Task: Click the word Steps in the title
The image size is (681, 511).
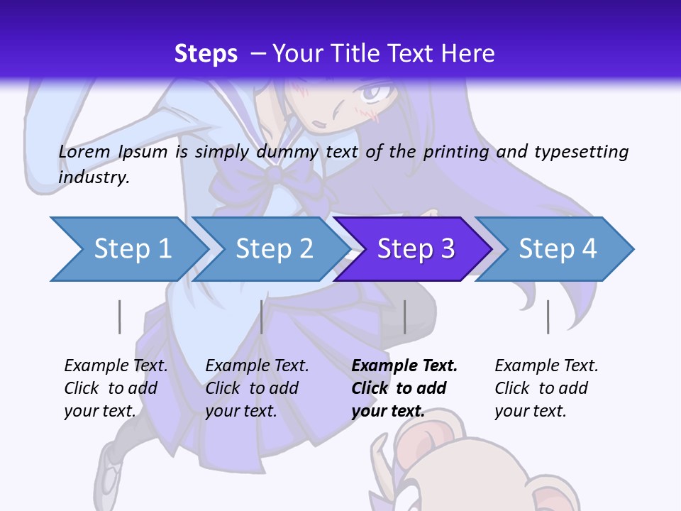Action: [x=206, y=53]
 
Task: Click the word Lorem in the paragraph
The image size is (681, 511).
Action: [x=84, y=151]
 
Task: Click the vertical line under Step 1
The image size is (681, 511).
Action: [x=119, y=317]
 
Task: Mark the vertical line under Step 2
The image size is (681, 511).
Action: [x=262, y=317]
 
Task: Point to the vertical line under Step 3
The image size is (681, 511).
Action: [x=404, y=317]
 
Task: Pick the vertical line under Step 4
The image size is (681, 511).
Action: [x=548, y=317]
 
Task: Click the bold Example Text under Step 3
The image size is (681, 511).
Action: [x=404, y=366]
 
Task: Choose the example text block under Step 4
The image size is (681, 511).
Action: [x=546, y=388]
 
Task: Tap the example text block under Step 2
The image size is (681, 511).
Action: [x=257, y=388]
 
